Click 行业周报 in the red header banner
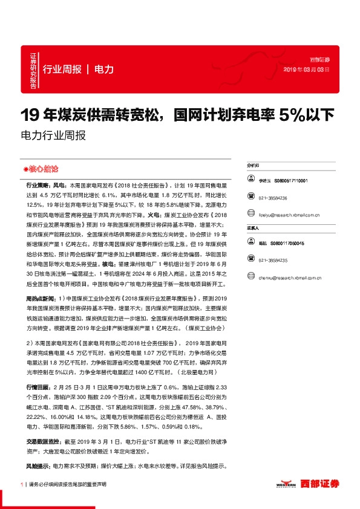point(62,69)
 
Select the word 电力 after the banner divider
point(105,69)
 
